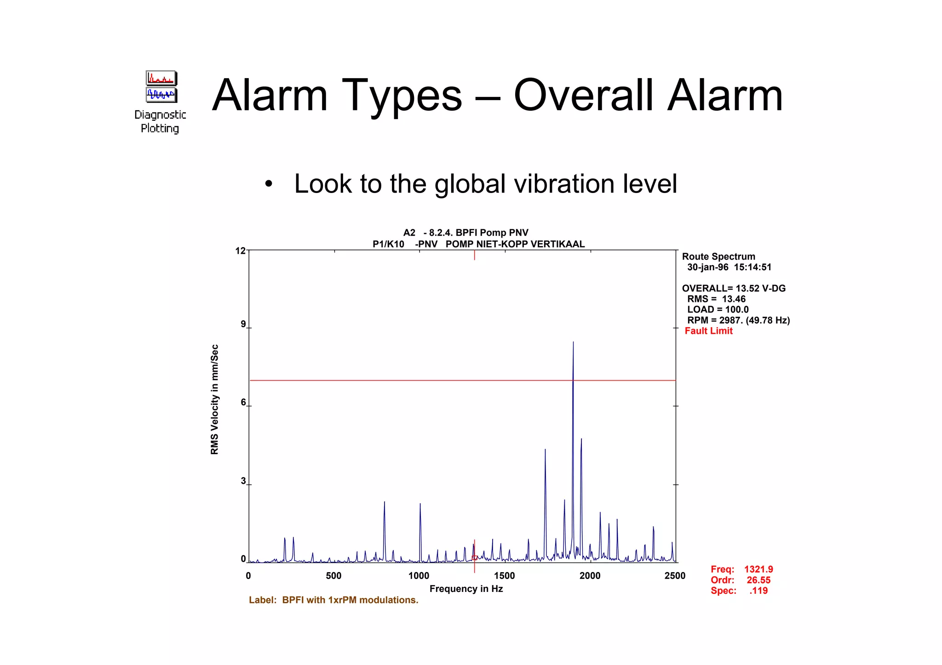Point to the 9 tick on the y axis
pyautogui.click(x=243, y=324)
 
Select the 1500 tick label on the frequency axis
pyautogui.click(x=505, y=576)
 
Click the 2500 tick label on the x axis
pyautogui.click(x=675, y=576)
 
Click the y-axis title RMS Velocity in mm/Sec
pyautogui.click(x=214, y=399)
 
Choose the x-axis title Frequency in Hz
pyautogui.click(x=466, y=589)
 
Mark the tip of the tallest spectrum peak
pyautogui.click(x=573, y=342)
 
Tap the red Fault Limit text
pyautogui.click(x=708, y=331)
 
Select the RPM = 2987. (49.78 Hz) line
pyautogui.click(x=738, y=320)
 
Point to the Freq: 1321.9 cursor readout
pyautogui.click(x=741, y=569)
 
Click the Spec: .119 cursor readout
pyautogui.click(x=739, y=591)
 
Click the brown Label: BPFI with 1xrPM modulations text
pyautogui.click(x=333, y=600)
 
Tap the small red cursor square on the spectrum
pyautogui.click(x=475, y=558)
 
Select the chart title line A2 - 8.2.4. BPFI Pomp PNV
pyautogui.click(x=465, y=233)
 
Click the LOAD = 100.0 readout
pyautogui.click(x=718, y=310)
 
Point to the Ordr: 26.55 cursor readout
pyautogui.click(x=740, y=580)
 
